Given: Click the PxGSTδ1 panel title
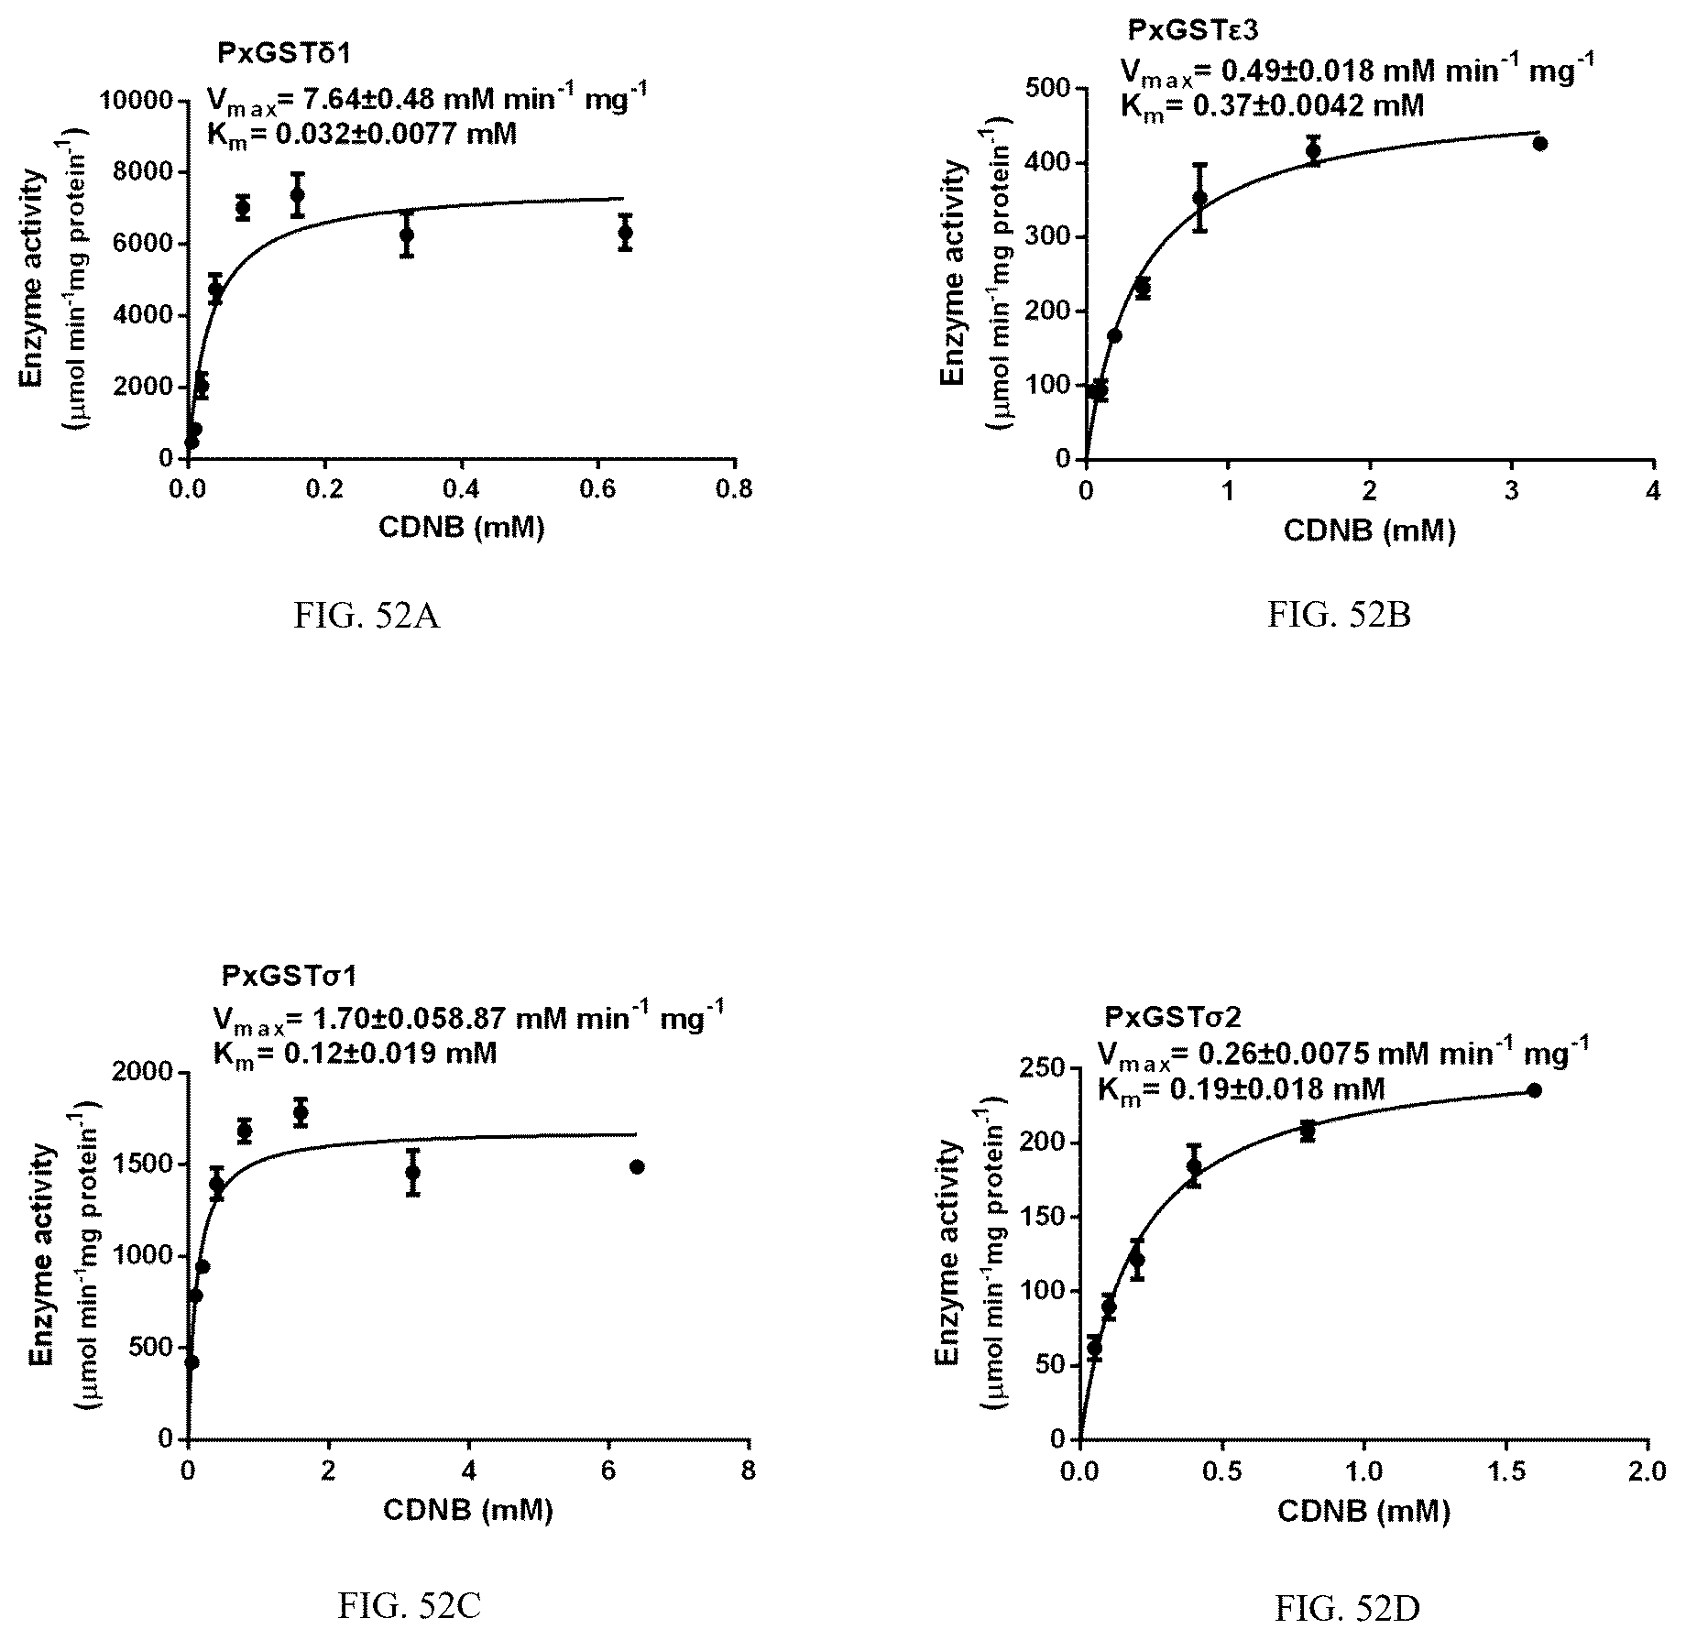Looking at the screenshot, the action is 284,54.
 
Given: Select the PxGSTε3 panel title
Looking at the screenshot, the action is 1193,31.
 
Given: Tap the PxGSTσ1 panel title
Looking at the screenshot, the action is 288,977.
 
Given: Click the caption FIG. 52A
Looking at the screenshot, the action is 367,617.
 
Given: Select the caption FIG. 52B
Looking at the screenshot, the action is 1340,616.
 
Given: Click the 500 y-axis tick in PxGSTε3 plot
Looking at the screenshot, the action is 1048,89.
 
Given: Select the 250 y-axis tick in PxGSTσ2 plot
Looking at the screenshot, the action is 1044,1069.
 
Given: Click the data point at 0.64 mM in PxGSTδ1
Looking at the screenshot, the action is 626,233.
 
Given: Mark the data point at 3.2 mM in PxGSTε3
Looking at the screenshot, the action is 1539,143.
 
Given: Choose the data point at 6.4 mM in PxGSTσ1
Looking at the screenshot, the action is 637,1166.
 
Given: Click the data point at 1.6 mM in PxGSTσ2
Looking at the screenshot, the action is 1535,1090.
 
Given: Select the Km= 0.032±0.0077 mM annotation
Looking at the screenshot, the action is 362,135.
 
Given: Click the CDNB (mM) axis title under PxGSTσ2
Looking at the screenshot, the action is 1363,1511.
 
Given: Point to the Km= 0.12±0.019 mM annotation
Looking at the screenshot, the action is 355,1054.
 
